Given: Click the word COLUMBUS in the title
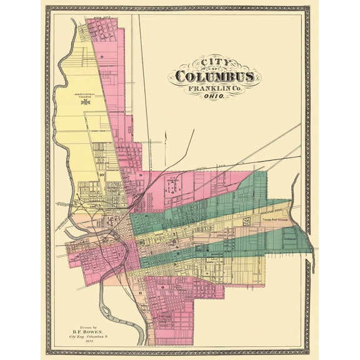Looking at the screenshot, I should [x=214, y=76].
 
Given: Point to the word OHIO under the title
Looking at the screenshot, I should [x=212, y=98].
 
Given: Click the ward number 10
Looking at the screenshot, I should [x=101, y=176].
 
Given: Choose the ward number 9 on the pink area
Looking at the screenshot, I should [x=141, y=176].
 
